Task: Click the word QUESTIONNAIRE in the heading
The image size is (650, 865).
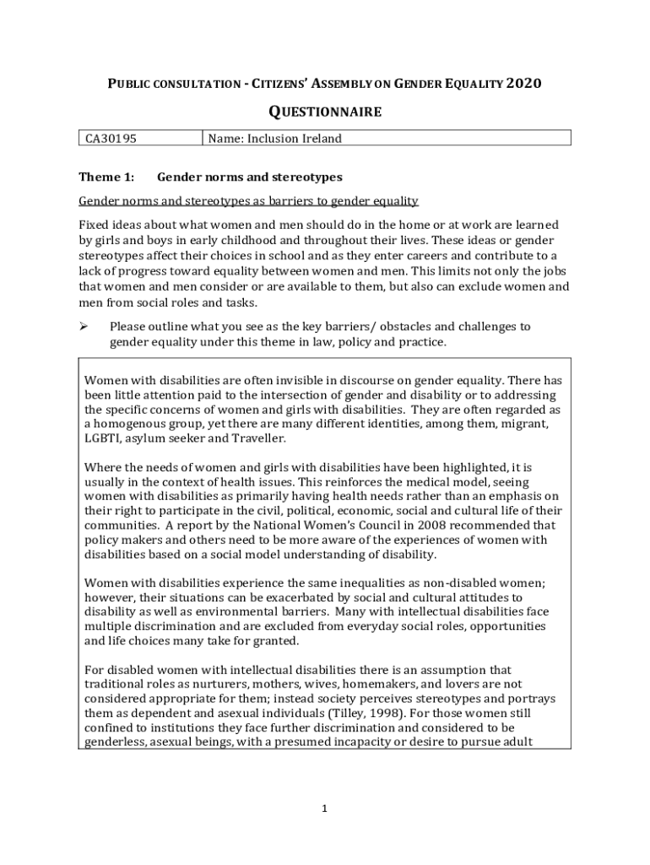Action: (x=325, y=112)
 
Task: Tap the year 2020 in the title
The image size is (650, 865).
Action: (x=523, y=84)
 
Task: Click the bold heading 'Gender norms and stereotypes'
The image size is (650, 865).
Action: (x=249, y=177)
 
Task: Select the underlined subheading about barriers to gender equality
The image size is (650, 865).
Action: (x=248, y=201)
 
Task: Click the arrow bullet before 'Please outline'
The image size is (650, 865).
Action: (x=84, y=326)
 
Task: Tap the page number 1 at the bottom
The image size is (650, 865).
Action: (x=324, y=808)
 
